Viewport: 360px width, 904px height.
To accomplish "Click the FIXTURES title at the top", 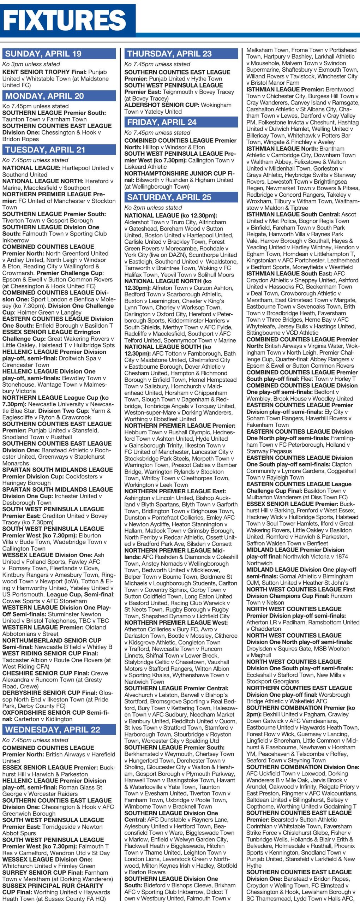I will pos(65,20).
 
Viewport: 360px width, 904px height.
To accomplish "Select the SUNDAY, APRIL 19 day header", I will pos(43,54).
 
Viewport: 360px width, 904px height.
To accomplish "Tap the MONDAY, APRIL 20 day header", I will pos(44,96).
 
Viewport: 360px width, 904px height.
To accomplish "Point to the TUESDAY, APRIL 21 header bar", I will pos(45,150).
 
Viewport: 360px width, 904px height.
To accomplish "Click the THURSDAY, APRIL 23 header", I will pos(169,54).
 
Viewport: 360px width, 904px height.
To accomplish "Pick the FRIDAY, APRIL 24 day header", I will pos(162,122).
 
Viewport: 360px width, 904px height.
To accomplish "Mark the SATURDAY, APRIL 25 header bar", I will pos(169,197).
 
